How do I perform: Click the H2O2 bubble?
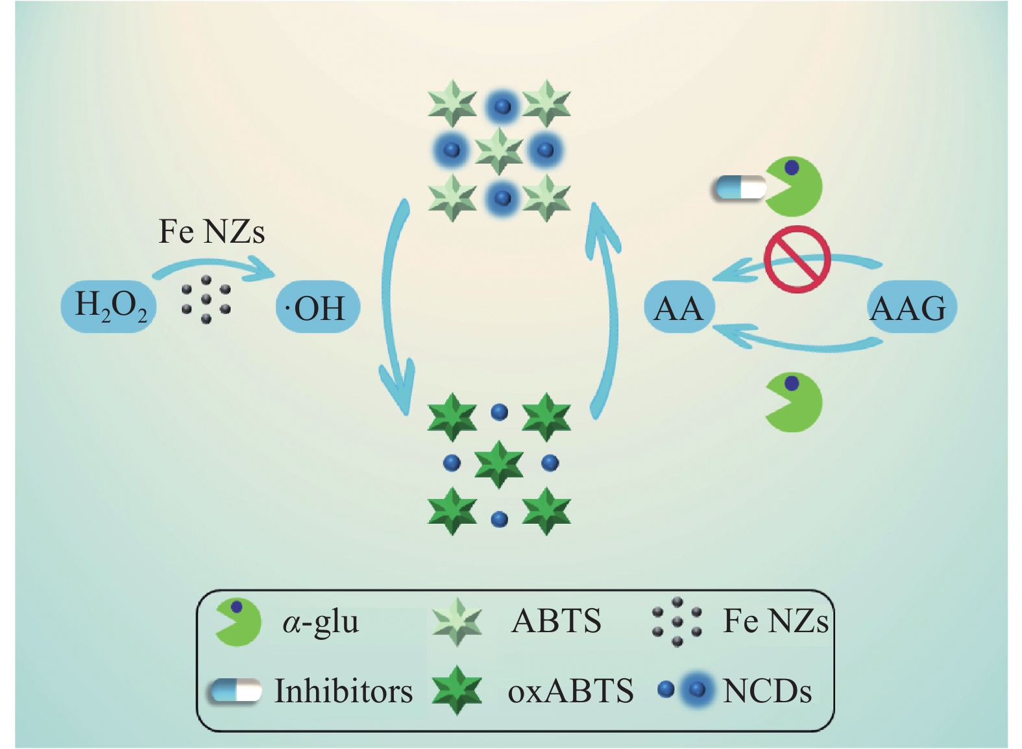[x=109, y=306]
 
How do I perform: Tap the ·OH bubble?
[x=318, y=307]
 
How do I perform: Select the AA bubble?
[x=679, y=307]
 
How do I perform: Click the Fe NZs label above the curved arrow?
[x=212, y=232]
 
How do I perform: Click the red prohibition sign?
[x=797, y=259]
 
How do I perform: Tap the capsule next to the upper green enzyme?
[x=739, y=188]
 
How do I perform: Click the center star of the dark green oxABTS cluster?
[x=499, y=463]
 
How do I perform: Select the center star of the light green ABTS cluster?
[x=499, y=151]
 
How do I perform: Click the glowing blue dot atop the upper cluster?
[x=500, y=106]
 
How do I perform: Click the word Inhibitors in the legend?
[x=343, y=691]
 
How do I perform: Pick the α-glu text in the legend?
[x=321, y=622]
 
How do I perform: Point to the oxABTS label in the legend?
[x=570, y=691]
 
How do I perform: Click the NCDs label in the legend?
[x=767, y=691]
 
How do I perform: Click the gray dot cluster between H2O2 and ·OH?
[x=206, y=299]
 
